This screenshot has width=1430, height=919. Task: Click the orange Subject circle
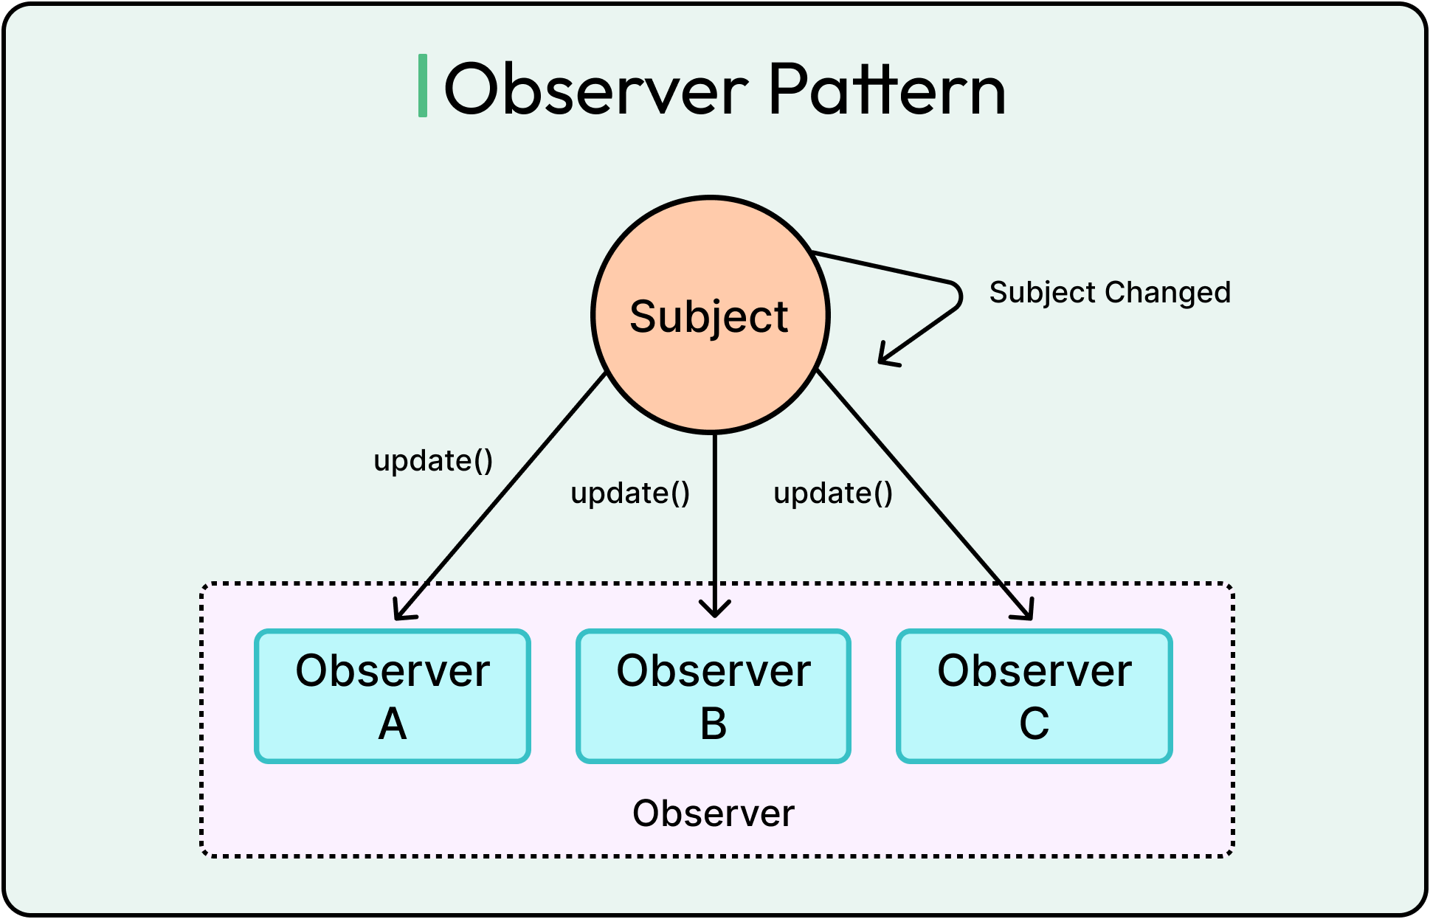711,315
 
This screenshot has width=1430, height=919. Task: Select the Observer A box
393,696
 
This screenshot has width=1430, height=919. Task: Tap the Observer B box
714,696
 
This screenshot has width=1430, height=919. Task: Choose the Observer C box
1034,696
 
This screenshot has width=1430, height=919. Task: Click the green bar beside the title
423,86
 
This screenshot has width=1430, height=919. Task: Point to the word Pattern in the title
887,90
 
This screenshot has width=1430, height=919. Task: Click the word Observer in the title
596,90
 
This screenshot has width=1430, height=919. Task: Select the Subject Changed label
1110,293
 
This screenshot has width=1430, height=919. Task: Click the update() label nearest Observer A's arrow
433,461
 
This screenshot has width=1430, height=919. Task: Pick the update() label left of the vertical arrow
630,493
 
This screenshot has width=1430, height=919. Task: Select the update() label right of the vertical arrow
833,493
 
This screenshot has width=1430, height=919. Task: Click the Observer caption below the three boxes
714,814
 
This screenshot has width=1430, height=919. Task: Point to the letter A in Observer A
393,724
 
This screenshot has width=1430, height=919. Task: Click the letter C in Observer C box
1034,724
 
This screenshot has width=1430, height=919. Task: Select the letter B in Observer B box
714,724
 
